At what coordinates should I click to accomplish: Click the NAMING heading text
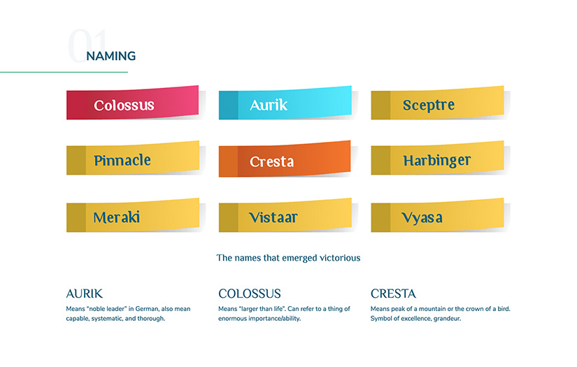pyautogui.click(x=111, y=56)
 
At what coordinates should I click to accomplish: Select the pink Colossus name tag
pyautogui.click(x=133, y=105)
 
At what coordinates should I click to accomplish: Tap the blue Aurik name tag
pyautogui.click(x=285, y=105)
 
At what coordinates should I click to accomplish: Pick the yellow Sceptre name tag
pyautogui.click(x=437, y=105)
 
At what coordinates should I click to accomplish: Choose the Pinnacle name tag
pyautogui.click(x=133, y=160)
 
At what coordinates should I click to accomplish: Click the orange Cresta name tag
pyautogui.click(x=285, y=161)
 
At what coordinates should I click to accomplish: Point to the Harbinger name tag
pyautogui.click(x=437, y=160)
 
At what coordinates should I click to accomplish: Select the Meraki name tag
pyautogui.click(x=133, y=217)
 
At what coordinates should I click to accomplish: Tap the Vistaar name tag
pyautogui.click(x=285, y=217)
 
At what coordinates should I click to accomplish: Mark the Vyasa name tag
pyautogui.click(x=437, y=217)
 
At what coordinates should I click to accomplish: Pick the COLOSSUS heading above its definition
pyautogui.click(x=250, y=294)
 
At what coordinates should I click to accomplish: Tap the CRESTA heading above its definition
pyautogui.click(x=393, y=294)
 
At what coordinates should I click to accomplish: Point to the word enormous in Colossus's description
pyautogui.click(x=236, y=319)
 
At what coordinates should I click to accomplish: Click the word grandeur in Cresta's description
pyautogui.click(x=444, y=319)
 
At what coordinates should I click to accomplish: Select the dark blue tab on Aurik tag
pyautogui.click(x=228, y=105)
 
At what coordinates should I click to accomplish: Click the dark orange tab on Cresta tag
pyautogui.click(x=228, y=161)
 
